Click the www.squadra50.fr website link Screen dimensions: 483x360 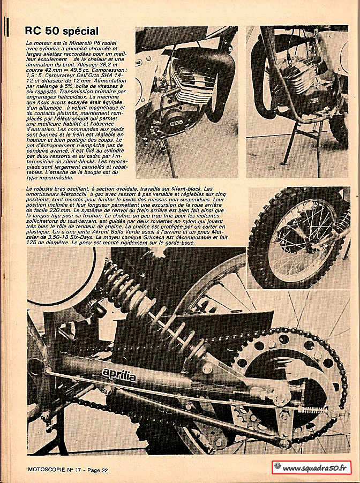click(314, 468)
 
